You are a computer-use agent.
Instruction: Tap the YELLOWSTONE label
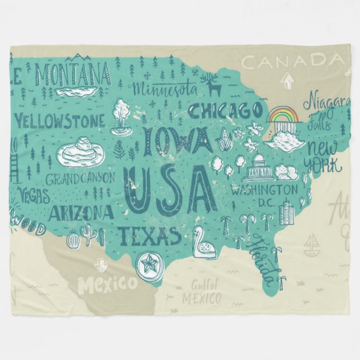pyautogui.click(x=59, y=120)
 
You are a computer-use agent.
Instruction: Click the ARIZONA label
pyautogui.click(x=82, y=213)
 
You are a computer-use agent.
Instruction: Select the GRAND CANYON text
pyautogui.click(x=80, y=179)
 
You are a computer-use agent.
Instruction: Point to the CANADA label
pyautogui.click(x=291, y=60)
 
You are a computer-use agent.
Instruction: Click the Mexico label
pyautogui.click(x=107, y=285)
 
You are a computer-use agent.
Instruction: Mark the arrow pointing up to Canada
pyautogui.click(x=288, y=80)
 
